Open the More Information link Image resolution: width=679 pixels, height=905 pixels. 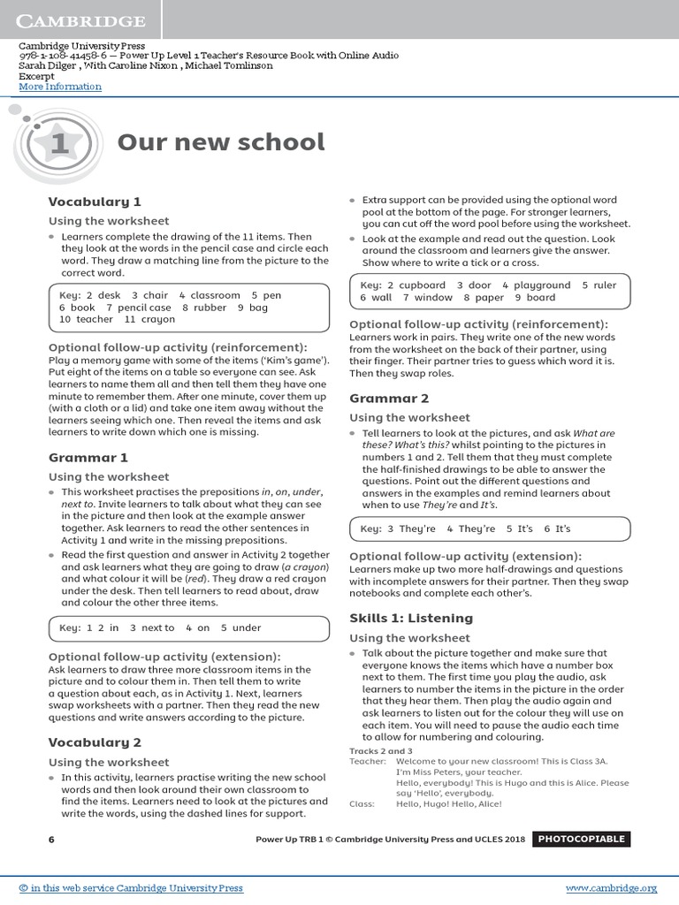pos(60,87)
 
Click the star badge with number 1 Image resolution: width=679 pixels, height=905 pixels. pos(59,143)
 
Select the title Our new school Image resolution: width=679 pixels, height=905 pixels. pos(221,142)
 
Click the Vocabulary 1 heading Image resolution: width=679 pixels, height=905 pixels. pos(95,202)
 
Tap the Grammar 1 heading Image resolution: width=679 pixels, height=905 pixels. pos(88,458)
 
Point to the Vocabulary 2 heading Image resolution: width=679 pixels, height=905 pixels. pos(95,742)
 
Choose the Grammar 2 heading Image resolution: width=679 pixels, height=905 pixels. pos(389,399)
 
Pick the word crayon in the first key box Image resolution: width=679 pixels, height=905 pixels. pos(158,320)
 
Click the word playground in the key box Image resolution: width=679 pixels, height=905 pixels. pos(542,285)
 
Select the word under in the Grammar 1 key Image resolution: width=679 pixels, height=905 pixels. pos(247,627)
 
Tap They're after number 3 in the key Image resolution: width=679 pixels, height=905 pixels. pos(417,529)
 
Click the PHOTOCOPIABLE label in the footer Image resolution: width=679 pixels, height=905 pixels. pos(581,839)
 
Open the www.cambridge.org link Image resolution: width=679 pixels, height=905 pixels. pos(611,888)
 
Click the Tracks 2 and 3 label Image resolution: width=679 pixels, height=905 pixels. pos(381,751)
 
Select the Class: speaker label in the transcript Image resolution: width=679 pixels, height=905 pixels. pos(362,803)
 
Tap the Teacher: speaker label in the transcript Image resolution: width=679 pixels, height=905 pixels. pos(368,761)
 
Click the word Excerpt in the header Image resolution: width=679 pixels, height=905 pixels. pos(36,76)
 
